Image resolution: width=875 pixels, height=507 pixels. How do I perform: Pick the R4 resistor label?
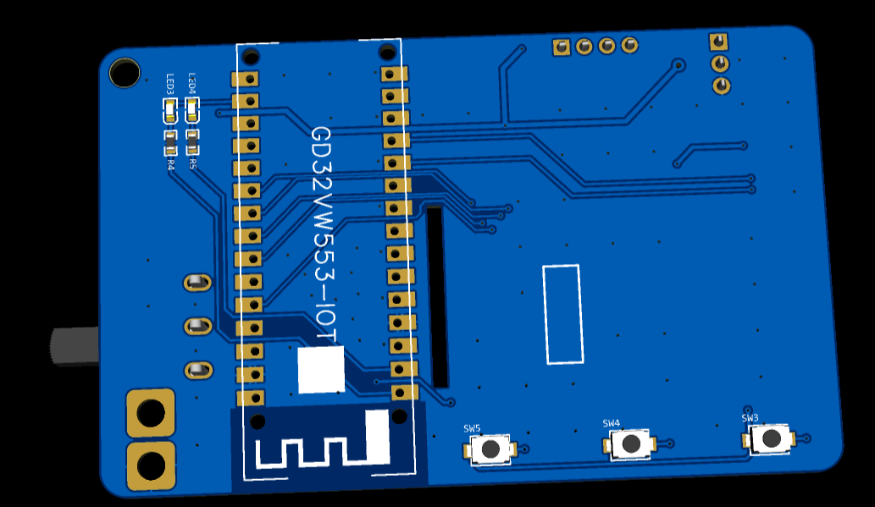170,165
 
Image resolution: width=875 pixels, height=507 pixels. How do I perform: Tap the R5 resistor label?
193,164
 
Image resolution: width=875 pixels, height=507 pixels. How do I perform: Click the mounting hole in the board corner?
125,73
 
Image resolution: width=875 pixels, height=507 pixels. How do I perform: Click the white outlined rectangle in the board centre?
562,314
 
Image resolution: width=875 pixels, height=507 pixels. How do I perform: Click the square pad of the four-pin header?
561,47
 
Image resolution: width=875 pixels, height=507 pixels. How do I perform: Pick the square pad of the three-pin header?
718,41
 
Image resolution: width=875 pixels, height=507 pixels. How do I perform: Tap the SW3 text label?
750,418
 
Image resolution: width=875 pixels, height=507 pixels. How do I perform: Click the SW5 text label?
472,428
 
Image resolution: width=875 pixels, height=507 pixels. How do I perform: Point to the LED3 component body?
169,108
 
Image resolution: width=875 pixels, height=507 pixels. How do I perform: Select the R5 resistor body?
192,135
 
